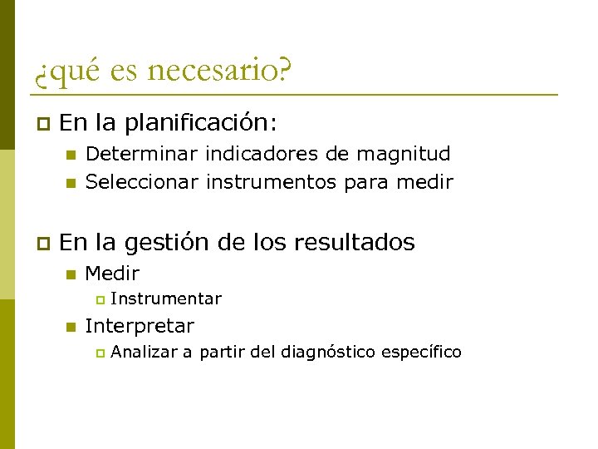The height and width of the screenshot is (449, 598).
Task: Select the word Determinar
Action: tap(141, 154)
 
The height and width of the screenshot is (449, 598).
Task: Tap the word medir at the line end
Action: tap(426, 181)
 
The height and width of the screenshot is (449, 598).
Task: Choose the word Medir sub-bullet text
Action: tap(112, 273)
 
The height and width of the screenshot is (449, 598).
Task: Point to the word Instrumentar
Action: tap(165, 299)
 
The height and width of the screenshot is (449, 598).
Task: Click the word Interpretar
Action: tap(140, 326)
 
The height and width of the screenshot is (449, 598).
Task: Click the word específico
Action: tap(421, 353)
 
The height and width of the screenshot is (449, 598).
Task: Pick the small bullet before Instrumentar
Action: tap(99, 299)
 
